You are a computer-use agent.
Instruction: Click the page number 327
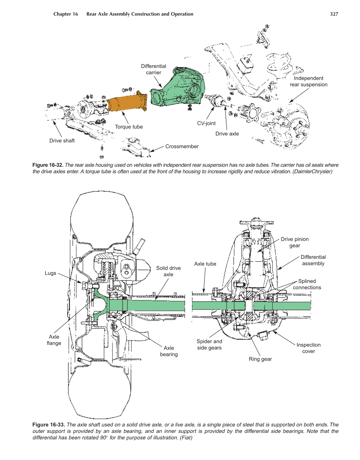point(334,14)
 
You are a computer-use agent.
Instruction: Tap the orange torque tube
point(126,102)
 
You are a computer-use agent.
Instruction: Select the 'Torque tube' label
point(129,127)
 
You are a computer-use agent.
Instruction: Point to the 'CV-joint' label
point(206,123)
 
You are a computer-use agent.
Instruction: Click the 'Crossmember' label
point(182,146)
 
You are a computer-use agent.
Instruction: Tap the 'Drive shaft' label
point(62,141)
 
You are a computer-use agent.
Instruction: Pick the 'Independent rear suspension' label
point(308,82)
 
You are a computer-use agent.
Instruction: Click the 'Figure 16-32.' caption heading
point(48,165)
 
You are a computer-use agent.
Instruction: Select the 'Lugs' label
point(50,273)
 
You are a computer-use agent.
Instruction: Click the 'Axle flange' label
point(54,340)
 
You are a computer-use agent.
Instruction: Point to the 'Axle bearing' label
point(169,351)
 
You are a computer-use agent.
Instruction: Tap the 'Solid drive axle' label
point(168,271)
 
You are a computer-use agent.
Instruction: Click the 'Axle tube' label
point(205,264)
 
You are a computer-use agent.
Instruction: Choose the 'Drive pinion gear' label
point(294,242)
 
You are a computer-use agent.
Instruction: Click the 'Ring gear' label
point(260,359)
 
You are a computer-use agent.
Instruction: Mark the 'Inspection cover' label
point(308,348)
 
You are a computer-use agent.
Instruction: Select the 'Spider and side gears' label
point(209,345)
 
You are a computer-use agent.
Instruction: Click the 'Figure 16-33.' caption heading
point(49,425)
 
